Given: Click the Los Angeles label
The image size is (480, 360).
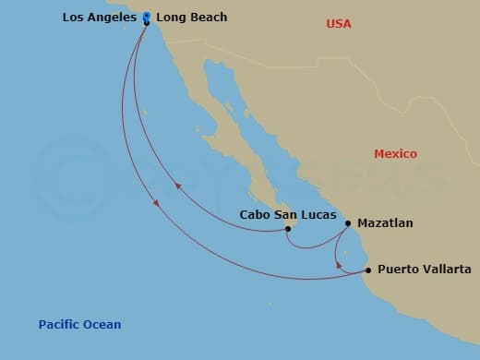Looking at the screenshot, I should click(x=101, y=18).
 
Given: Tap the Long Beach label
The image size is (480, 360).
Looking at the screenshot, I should click(x=191, y=18).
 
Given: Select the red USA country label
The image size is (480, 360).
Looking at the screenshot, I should click(x=339, y=23).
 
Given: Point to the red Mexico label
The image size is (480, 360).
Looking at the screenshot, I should click(x=395, y=154).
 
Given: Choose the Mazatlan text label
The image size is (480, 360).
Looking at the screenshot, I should click(x=386, y=223).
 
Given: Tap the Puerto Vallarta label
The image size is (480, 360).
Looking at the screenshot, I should click(x=424, y=270).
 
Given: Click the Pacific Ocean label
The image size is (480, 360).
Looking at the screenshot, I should click(x=79, y=324).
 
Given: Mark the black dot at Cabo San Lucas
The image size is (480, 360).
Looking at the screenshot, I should click(x=288, y=229).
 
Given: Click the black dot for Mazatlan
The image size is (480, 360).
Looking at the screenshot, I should click(x=348, y=222).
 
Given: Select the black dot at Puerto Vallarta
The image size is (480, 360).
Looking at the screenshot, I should click(x=368, y=270).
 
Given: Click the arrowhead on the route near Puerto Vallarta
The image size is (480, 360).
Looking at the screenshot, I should click(x=338, y=267).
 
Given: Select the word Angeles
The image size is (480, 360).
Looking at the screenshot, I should click(x=116, y=18).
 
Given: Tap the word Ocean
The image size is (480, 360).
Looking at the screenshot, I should click(x=102, y=324).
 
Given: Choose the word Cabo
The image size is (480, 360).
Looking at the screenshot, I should click(x=254, y=214).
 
